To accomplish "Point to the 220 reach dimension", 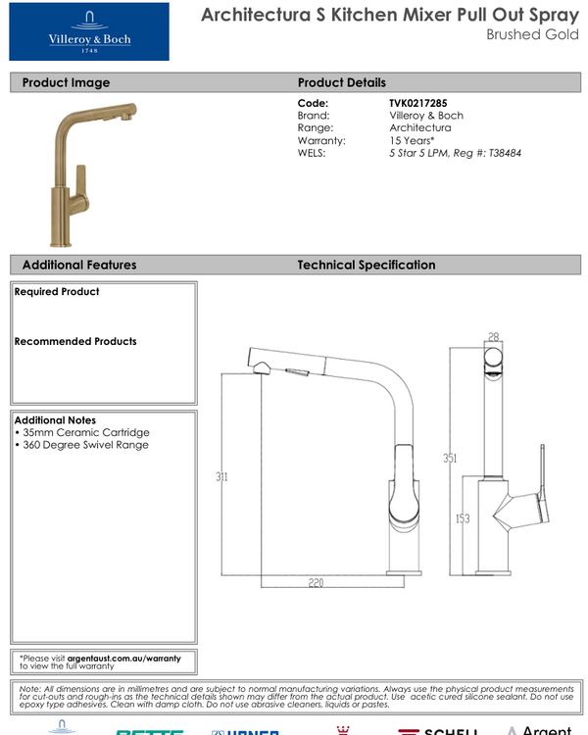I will click(x=316, y=582).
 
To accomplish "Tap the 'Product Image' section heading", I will click(x=66, y=82).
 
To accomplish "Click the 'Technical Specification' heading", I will click(x=366, y=265).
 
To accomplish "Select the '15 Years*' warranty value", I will click(x=413, y=140).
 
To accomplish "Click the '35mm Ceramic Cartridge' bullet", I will click(x=83, y=432).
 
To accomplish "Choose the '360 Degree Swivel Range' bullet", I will click(x=83, y=445).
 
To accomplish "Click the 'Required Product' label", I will click(x=57, y=292).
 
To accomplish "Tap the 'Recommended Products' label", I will click(x=75, y=342).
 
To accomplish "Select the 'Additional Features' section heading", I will click(x=79, y=265).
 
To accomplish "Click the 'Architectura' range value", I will click(x=419, y=127).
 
